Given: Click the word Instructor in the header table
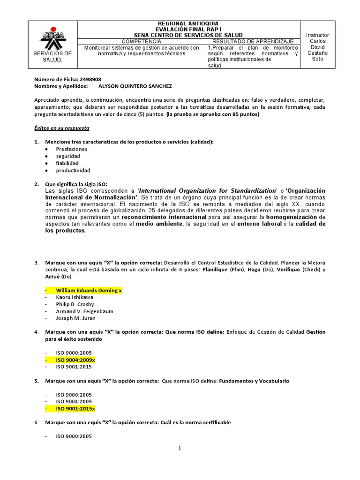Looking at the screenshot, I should click(317, 35).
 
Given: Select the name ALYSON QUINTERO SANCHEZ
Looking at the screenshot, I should click(128, 86).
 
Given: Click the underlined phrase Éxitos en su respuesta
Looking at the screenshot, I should click(62, 128).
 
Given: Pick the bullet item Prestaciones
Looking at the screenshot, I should click(71, 149).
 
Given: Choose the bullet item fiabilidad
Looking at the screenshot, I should click(67, 163).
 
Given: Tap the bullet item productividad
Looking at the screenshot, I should click(73, 170).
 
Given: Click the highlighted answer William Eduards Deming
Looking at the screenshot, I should click(89, 291).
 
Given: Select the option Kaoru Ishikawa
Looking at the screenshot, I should click(75, 297).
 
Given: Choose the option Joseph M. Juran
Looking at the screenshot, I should click(76, 318).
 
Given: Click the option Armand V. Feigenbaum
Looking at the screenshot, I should click(84, 311).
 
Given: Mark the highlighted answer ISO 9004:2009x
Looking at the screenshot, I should click(75, 360).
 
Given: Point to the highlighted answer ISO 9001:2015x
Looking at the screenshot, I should click(75, 409).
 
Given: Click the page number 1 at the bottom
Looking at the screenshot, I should click(179, 448).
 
